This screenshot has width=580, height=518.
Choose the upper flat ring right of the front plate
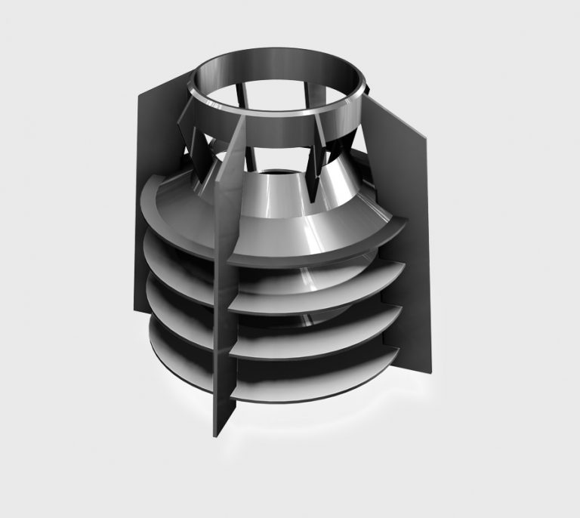(317, 291)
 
